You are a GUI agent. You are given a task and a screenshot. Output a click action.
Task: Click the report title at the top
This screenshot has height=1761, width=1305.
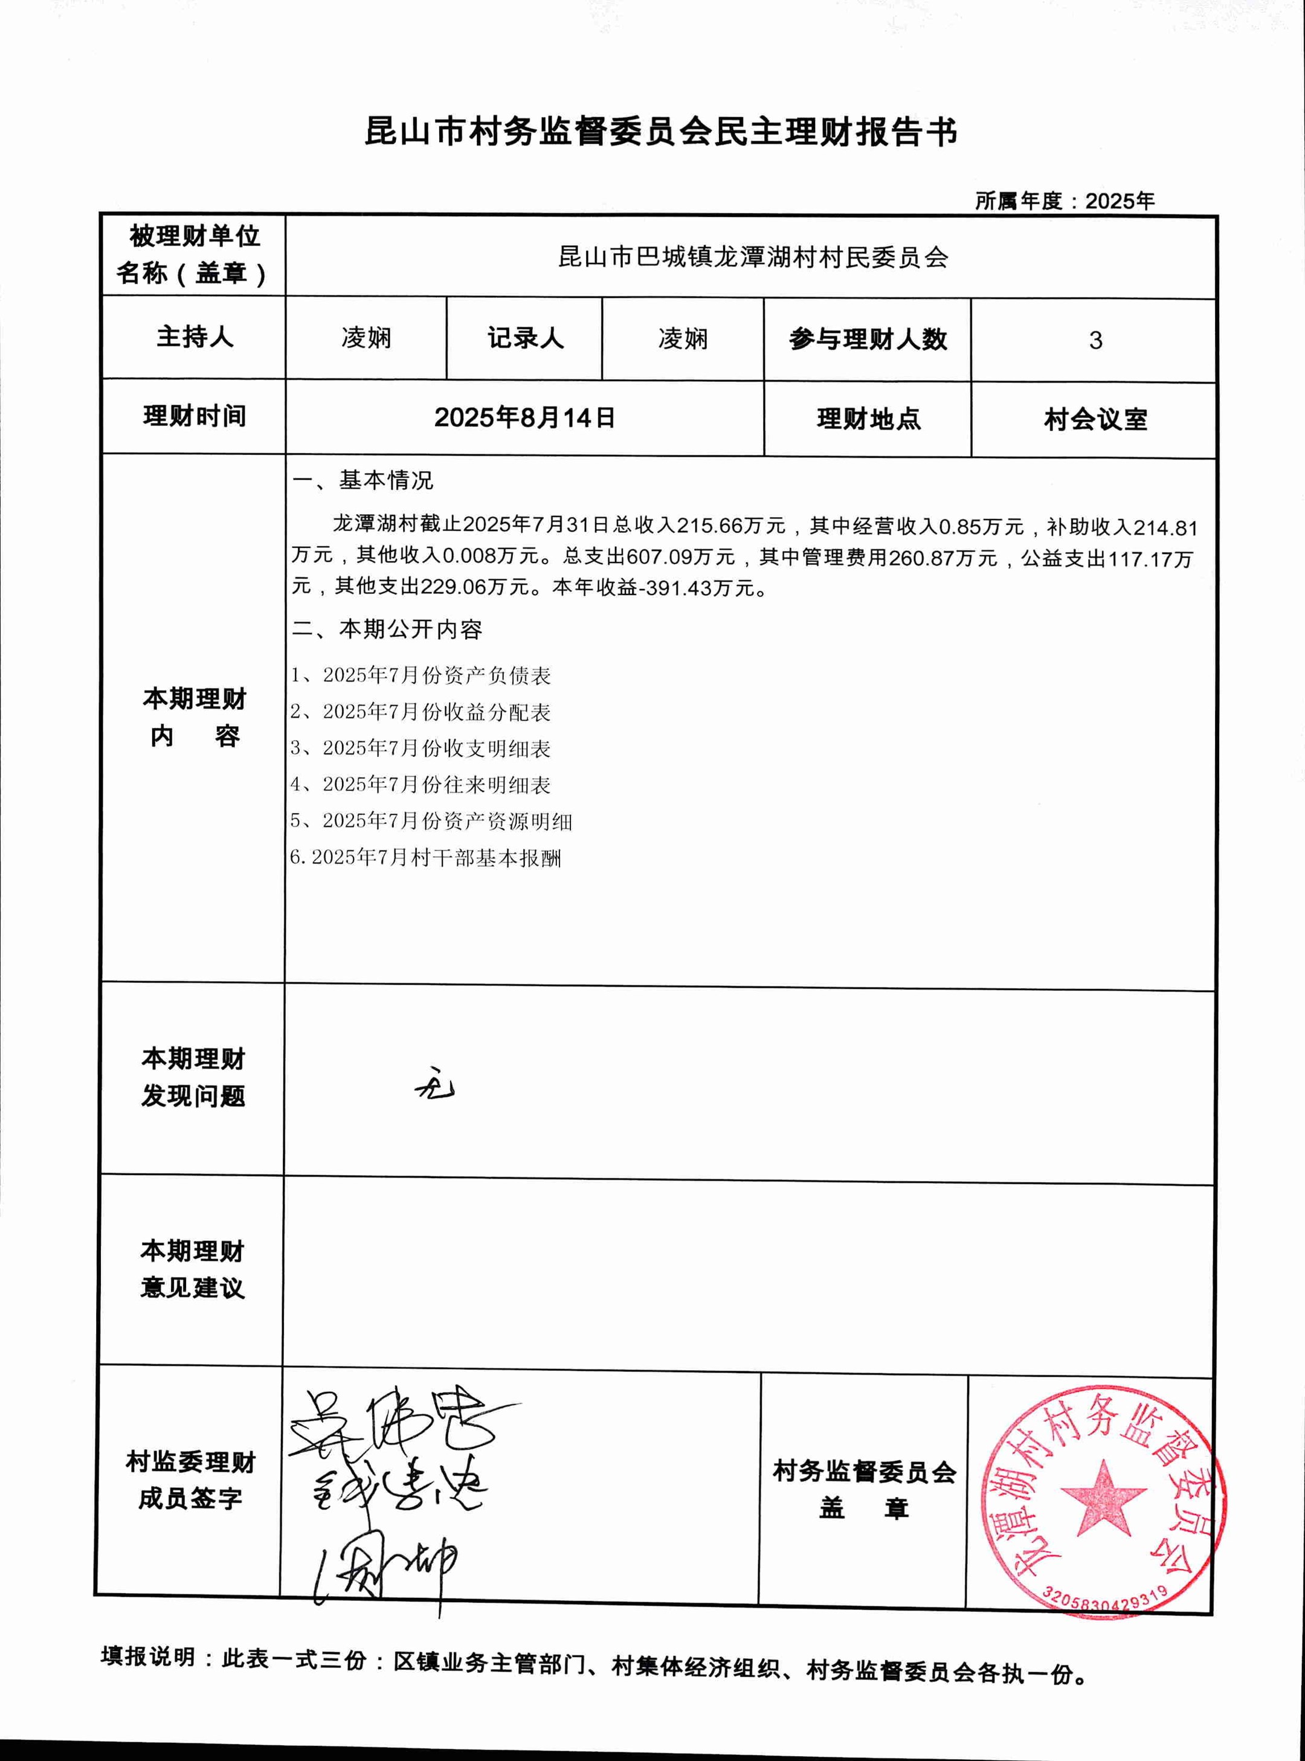[x=660, y=132]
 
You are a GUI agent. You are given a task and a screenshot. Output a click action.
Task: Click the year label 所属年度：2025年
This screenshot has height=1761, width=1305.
[x=1064, y=201]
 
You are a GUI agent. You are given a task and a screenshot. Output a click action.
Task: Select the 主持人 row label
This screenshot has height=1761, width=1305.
[x=195, y=337]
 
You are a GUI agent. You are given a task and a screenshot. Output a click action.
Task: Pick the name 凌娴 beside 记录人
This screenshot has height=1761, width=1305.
[x=683, y=340]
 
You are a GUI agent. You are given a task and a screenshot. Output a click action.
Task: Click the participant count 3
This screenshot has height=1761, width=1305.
[x=1095, y=340]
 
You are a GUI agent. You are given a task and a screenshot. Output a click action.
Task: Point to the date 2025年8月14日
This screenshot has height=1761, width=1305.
[x=524, y=417]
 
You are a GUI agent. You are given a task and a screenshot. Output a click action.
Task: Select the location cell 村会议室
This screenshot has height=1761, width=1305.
[x=1095, y=419]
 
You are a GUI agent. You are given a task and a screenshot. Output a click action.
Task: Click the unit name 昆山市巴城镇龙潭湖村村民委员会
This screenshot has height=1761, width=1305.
[x=753, y=257]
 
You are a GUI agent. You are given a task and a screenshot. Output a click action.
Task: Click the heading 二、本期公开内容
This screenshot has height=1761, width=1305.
[x=387, y=629]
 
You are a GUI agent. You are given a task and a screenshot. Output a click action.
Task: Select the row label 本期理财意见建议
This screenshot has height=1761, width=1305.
[x=193, y=1269]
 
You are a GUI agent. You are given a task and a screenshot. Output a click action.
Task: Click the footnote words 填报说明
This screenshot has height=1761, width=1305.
[x=148, y=1656]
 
